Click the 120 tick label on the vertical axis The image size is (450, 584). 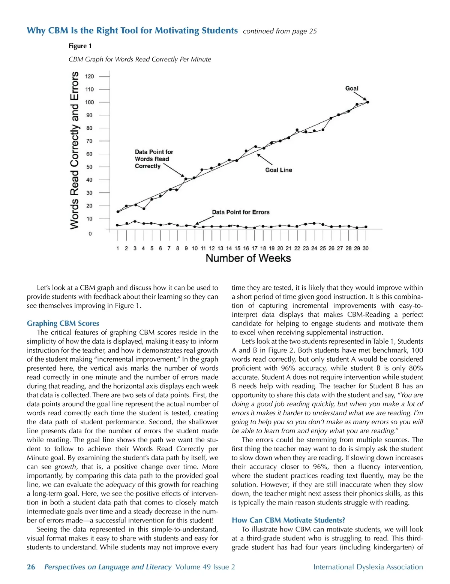coord(89,76)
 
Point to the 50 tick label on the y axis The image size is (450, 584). coord(89,167)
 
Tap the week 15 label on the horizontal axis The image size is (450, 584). coord(237,248)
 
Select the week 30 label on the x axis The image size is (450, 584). coord(365,248)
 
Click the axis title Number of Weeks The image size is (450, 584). coord(248,258)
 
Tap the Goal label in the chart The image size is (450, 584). coord(352,88)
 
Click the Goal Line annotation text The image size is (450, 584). coord(278,170)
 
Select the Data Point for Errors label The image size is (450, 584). coord(241,212)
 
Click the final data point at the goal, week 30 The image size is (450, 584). coord(367,102)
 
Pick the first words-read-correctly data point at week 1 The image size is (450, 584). coord(118,212)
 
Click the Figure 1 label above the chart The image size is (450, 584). coord(80,46)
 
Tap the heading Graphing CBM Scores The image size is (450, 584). coord(63,323)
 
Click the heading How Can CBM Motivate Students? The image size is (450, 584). coord(288,520)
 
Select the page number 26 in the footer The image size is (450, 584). coord(31,567)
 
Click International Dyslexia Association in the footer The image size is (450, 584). coord(368,567)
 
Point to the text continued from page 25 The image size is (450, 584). coord(280,31)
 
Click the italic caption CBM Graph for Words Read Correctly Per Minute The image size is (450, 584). coord(140,59)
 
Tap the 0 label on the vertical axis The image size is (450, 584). coord(90,234)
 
